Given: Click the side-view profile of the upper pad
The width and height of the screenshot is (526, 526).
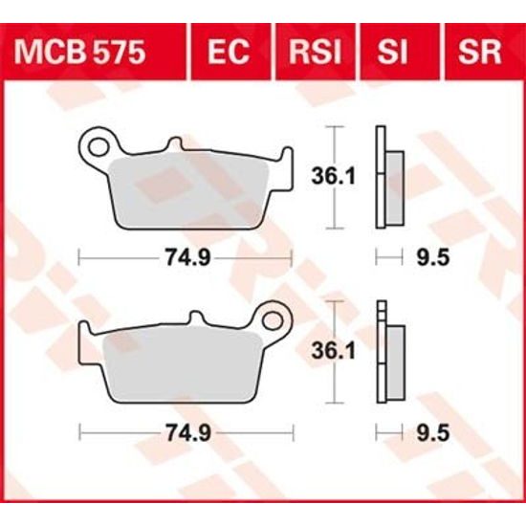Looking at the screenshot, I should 388,177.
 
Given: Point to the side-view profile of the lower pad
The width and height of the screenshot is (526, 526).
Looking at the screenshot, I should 388,352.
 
